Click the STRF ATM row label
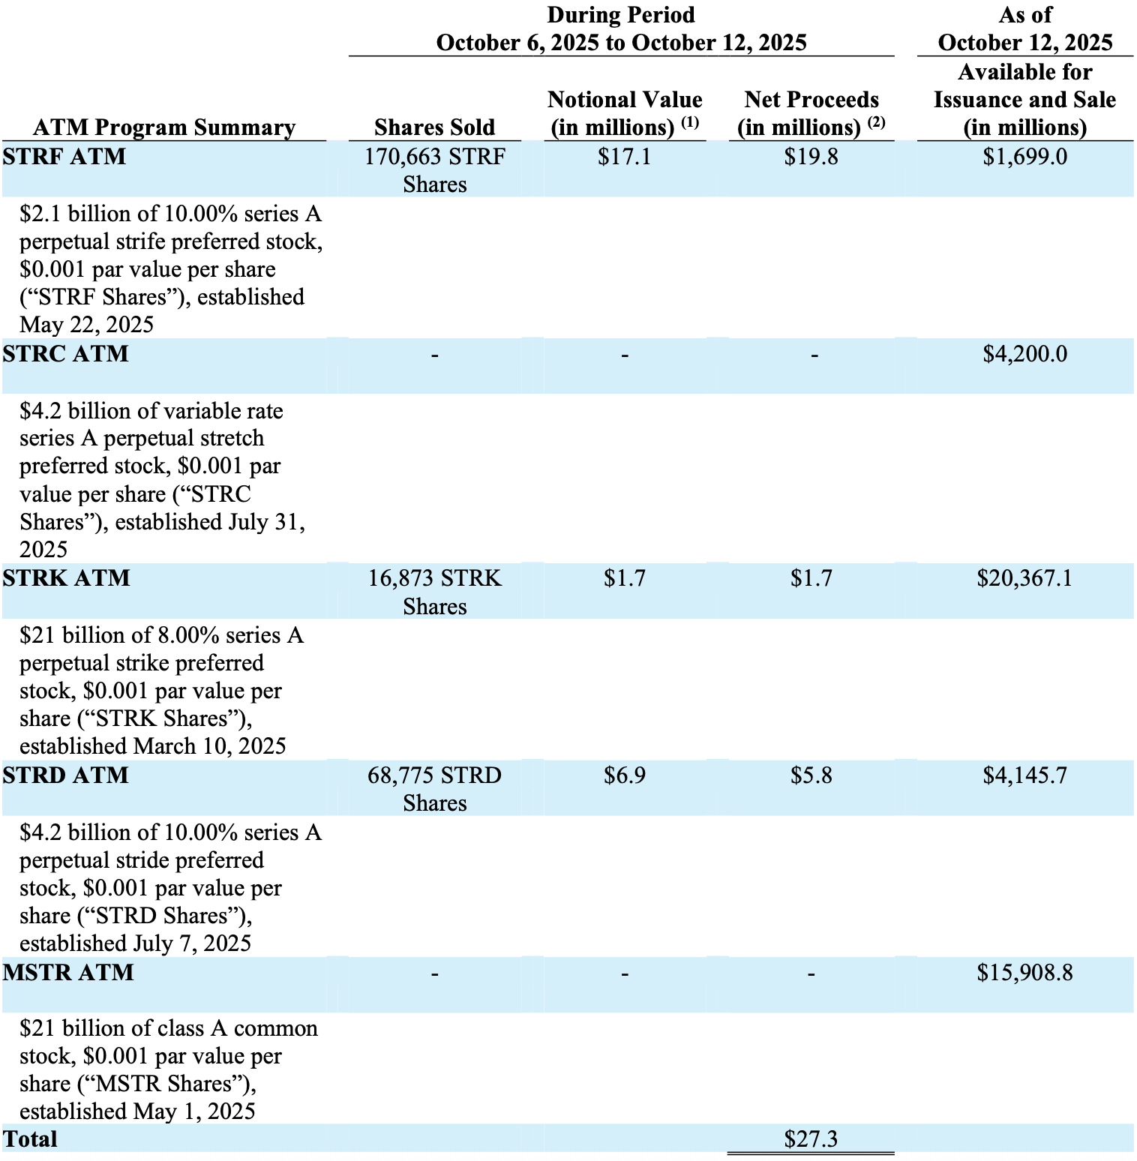pos(64,157)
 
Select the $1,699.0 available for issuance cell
pos(1024,157)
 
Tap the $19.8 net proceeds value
pos(811,157)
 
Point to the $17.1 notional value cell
pos(624,157)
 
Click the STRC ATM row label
pos(65,353)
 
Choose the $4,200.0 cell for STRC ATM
pos(1024,353)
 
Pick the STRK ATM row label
pos(66,577)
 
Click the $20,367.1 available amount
pos(1024,577)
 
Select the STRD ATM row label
pos(65,775)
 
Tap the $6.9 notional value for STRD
pos(624,775)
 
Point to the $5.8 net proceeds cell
pos(811,775)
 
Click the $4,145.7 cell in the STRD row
pos(1024,775)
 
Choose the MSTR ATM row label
pos(68,972)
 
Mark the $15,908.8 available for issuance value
pos(1024,972)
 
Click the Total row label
pos(30,1138)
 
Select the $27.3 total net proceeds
pos(811,1138)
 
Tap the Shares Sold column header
pos(434,127)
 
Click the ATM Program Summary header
pos(164,127)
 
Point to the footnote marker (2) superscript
pos(877,121)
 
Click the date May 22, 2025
pos(86,325)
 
